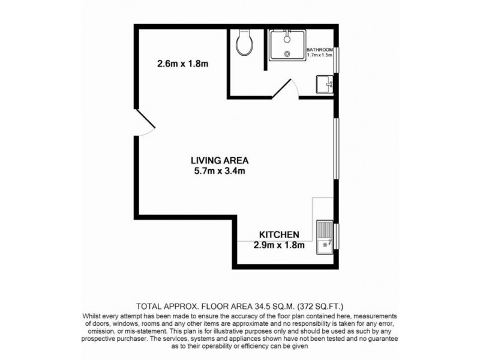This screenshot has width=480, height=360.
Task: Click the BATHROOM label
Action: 320,49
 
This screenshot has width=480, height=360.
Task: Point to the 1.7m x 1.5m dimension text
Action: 320,55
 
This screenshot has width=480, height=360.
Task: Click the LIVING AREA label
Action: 219,160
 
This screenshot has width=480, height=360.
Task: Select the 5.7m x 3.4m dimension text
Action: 219,171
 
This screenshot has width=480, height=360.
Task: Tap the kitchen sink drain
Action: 325,244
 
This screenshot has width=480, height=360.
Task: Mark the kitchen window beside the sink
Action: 336,236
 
